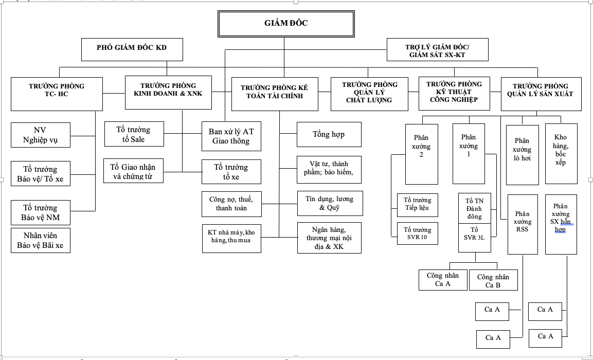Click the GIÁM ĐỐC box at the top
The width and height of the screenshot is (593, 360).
click(286, 24)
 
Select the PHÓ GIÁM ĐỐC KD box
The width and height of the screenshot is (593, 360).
click(132, 49)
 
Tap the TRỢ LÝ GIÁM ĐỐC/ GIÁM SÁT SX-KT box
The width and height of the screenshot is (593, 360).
click(437, 49)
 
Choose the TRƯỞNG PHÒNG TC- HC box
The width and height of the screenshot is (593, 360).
click(57, 94)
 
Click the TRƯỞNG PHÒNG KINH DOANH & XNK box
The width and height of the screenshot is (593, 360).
click(168, 93)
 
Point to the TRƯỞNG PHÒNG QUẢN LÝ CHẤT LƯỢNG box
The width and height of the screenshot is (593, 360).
click(369, 94)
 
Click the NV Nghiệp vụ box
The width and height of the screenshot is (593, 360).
click(41, 135)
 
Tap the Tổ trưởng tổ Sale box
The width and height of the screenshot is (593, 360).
click(134, 134)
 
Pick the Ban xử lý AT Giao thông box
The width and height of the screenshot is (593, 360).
click(231, 136)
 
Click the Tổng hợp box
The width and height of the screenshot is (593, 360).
click(329, 134)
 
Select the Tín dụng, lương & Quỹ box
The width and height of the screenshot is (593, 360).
click(330, 204)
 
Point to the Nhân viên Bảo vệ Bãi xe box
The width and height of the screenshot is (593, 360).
click(41, 240)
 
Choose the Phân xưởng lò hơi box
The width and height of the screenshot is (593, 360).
click(522, 155)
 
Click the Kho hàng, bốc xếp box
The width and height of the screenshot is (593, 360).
click(561, 154)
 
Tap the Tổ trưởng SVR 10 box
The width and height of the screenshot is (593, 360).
click(418, 233)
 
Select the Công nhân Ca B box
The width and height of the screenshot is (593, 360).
click(493, 280)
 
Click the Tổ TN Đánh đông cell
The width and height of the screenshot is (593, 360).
click(475, 208)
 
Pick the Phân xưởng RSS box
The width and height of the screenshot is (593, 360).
click(523, 224)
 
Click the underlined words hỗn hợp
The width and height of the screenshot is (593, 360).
click(563, 225)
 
